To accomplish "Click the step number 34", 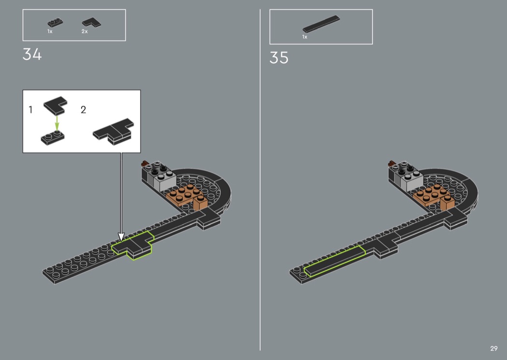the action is (32, 55).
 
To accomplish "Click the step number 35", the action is (279, 58).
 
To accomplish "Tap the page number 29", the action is (494, 348).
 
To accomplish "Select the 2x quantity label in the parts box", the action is (84, 31).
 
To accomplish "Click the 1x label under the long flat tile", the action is (305, 37).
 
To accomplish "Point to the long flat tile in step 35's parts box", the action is (321, 24).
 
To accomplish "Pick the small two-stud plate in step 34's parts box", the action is (56, 22).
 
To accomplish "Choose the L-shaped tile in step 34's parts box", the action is (92, 23).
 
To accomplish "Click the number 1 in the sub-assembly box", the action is (31, 110).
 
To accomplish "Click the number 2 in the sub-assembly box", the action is (84, 110).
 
